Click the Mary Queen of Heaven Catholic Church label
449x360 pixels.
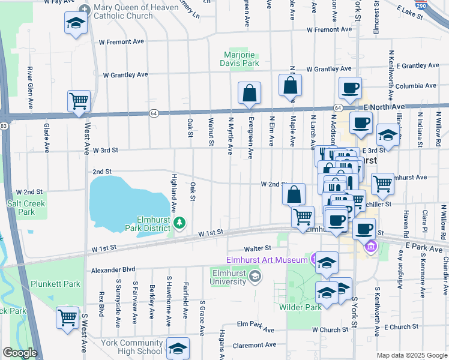(128, 11)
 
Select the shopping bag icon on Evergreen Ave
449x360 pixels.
(249, 94)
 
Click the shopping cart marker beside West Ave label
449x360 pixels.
(79, 102)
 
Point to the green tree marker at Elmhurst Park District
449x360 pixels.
(179, 223)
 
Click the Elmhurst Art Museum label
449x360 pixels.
(267, 259)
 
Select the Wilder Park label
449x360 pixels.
(301, 307)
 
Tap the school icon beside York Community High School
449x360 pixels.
(178, 349)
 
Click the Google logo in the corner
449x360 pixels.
(20, 353)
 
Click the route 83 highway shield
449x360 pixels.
(4, 125)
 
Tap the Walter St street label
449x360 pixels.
(258, 247)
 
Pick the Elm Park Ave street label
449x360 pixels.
(255, 329)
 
